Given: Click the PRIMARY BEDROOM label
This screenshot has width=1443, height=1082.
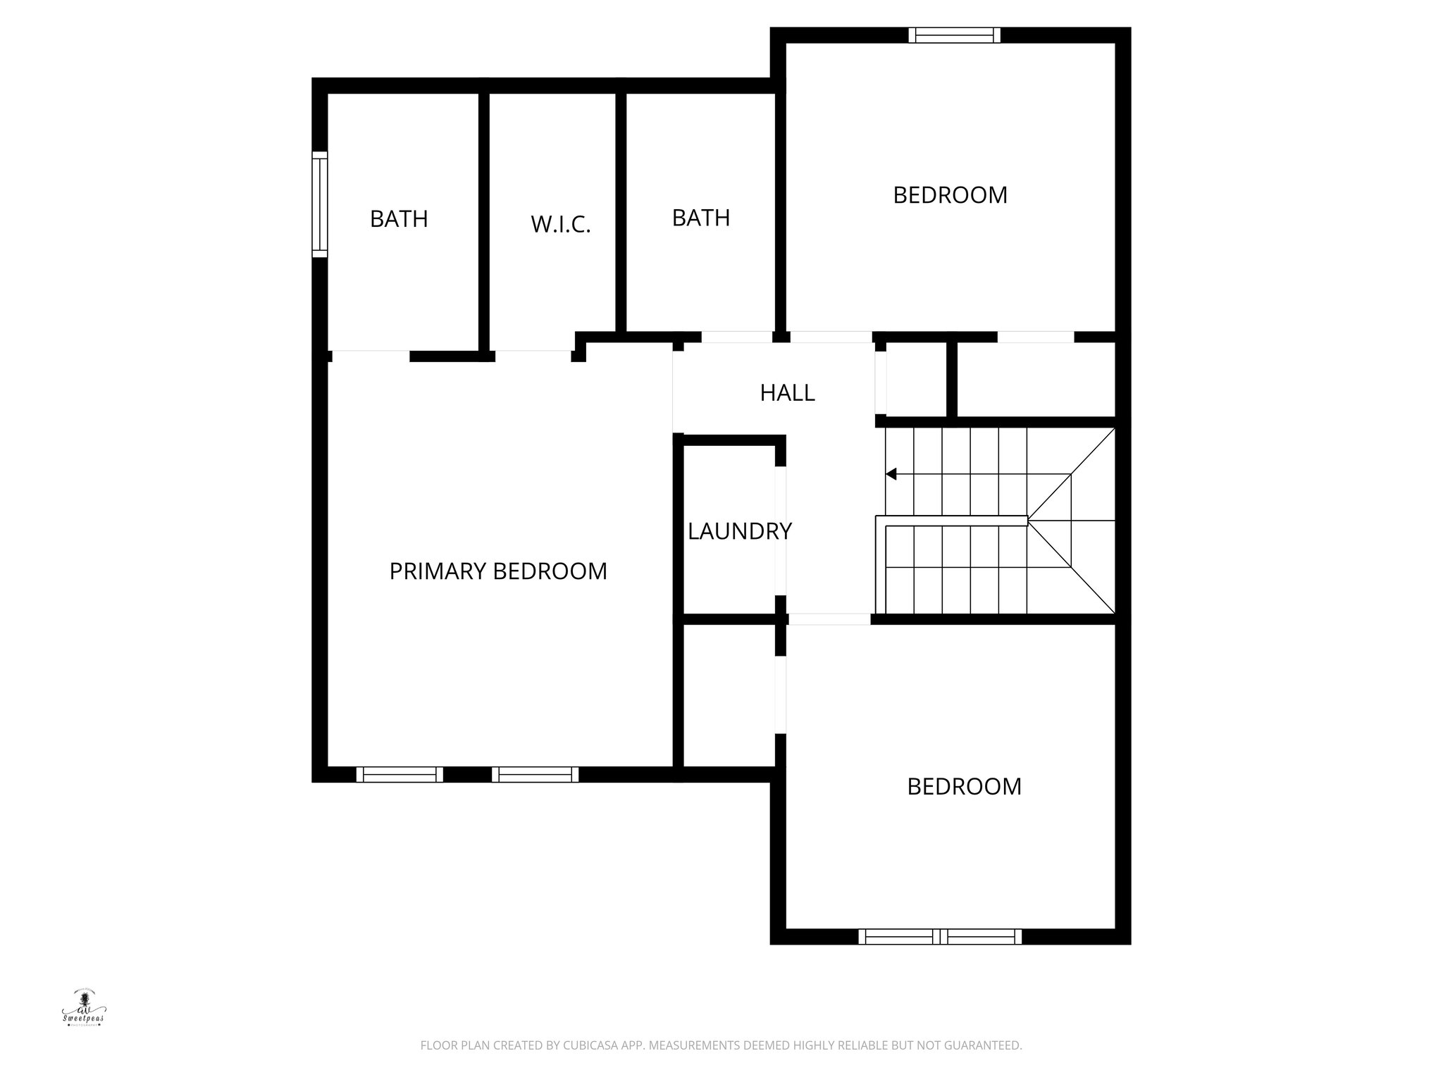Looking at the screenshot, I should click(x=498, y=571).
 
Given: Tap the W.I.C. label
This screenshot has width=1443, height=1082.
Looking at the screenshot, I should click(x=560, y=225).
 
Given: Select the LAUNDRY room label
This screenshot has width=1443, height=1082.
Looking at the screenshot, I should click(x=739, y=531).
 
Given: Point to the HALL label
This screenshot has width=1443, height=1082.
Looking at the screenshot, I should click(x=787, y=393).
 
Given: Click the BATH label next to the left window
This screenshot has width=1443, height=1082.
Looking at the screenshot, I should click(x=399, y=219).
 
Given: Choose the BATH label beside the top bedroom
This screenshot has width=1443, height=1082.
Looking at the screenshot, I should click(x=700, y=218).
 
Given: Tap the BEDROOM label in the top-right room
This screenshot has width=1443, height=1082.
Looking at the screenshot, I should click(x=950, y=195).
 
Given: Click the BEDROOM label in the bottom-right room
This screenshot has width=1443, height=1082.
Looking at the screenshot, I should click(x=964, y=786).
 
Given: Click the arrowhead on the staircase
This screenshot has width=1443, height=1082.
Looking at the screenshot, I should click(x=891, y=474).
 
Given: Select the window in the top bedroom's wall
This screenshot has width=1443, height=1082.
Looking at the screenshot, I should click(x=954, y=35).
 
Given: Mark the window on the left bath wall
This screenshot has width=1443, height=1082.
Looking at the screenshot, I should click(x=320, y=204).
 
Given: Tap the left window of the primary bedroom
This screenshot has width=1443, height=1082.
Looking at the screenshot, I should click(x=400, y=775).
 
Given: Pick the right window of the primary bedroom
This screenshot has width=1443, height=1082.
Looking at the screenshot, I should click(x=535, y=775).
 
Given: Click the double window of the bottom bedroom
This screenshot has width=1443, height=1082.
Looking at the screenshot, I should click(x=940, y=937).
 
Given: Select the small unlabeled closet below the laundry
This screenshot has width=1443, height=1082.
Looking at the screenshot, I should click(x=729, y=695).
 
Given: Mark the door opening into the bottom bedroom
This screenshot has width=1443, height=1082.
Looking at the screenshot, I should click(x=829, y=619).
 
